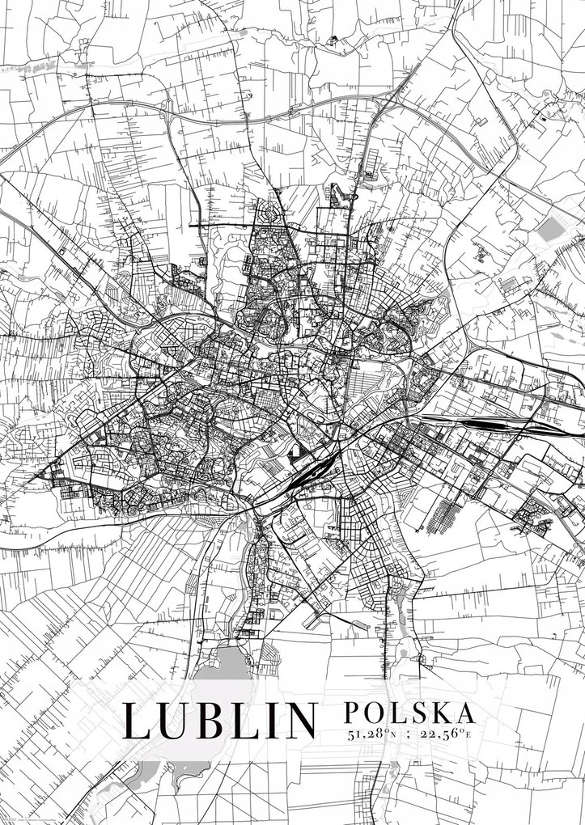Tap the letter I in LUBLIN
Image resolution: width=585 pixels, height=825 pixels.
(272, 721)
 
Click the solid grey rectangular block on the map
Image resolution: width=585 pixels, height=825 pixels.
(548, 229)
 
